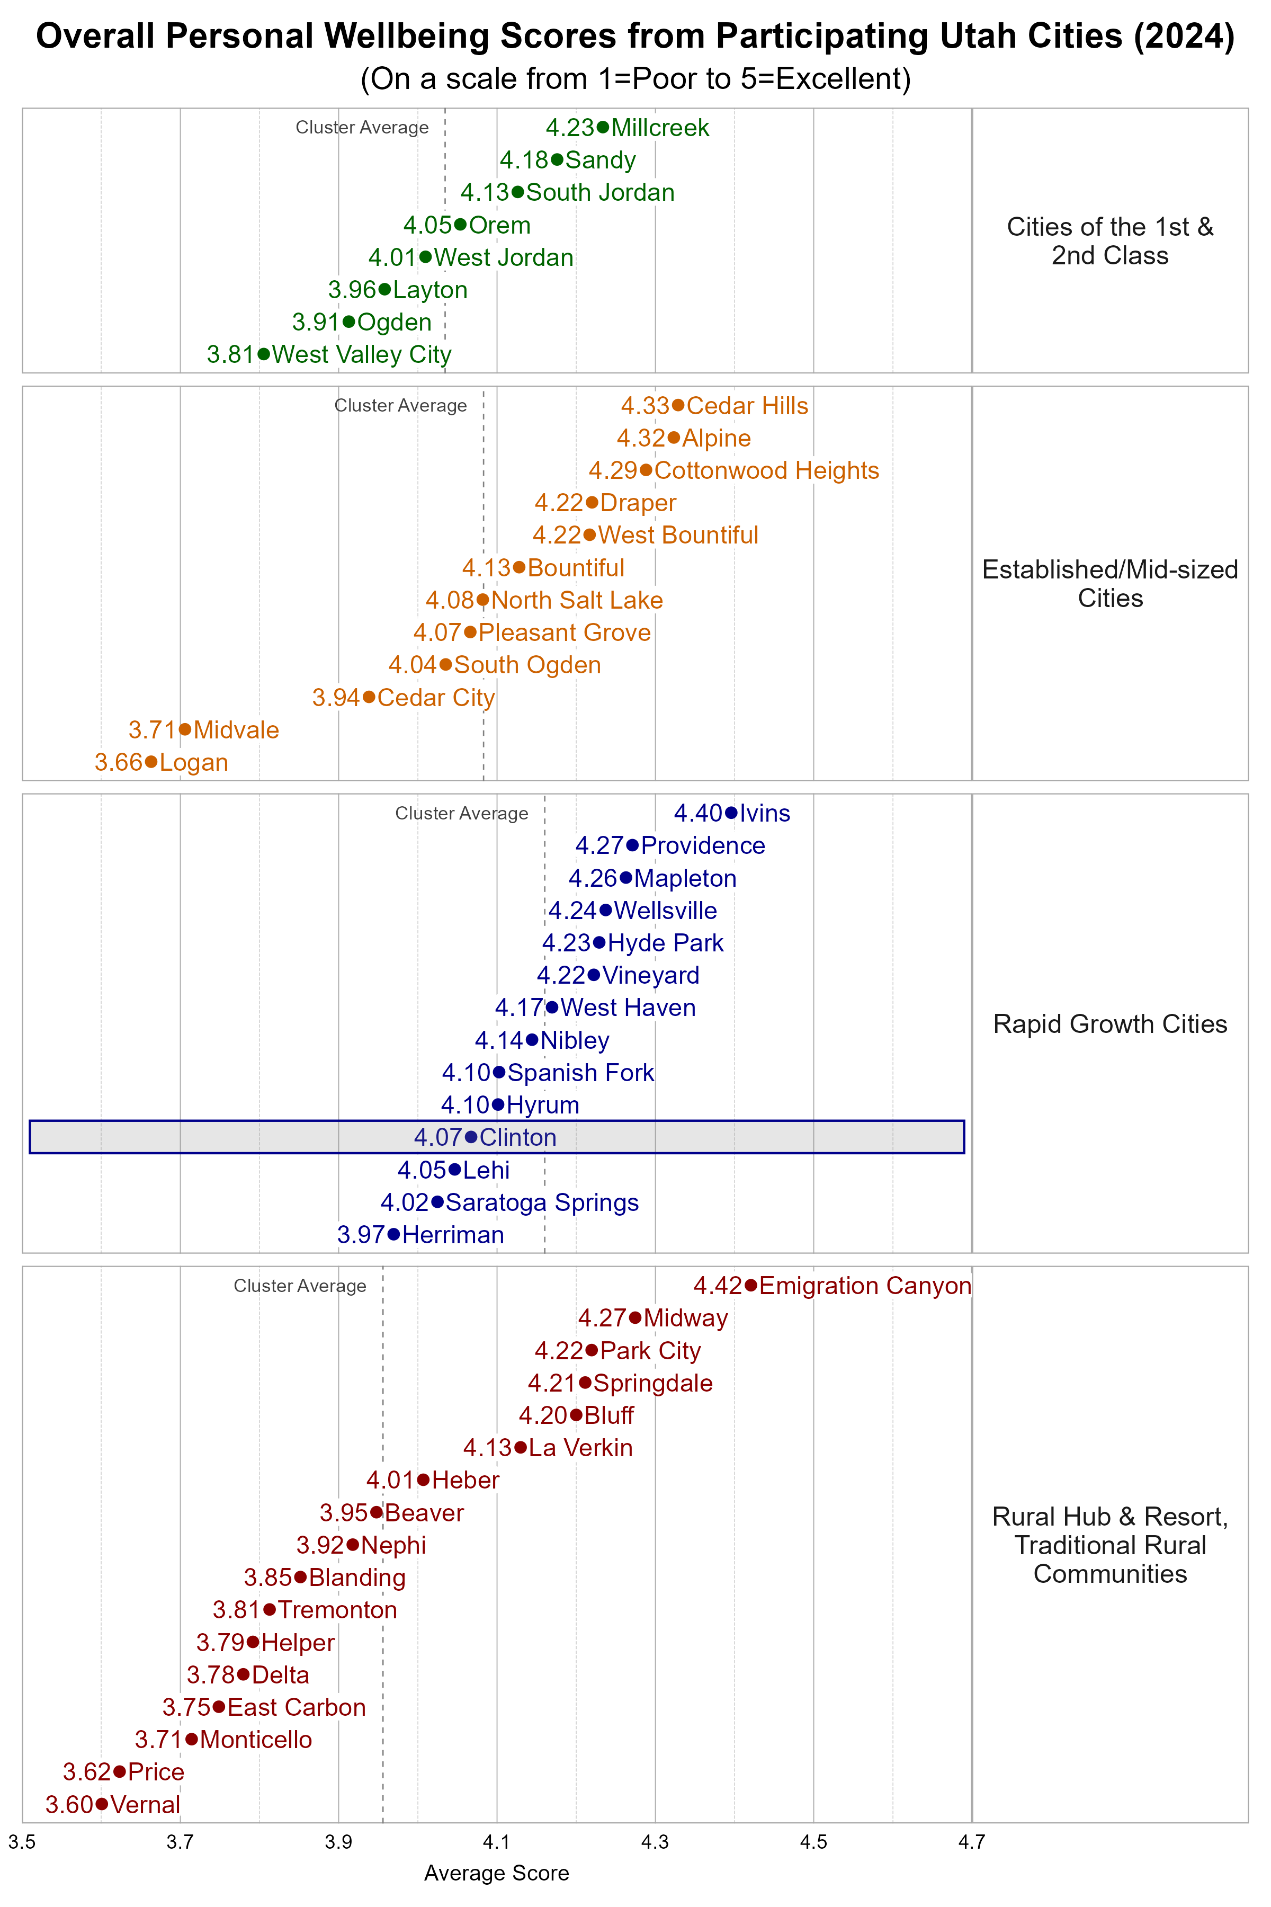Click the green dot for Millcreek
(x=602, y=127)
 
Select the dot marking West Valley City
(x=263, y=354)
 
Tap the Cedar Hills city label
(x=747, y=405)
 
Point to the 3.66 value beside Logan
(x=118, y=762)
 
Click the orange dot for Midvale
(x=185, y=730)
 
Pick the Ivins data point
(x=731, y=813)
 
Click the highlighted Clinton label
(x=518, y=1137)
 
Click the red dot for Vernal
(x=101, y=1804)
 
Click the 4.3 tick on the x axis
(x=655, y=1842)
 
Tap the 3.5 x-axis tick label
(x=22, y=1842)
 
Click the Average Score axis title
(x=496, y=1873)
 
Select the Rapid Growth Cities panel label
(x=1109, y=1024)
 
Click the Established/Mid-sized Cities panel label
(x=1109, y=584)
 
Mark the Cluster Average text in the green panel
(x=362, y=127)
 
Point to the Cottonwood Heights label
(x=766, y=470)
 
